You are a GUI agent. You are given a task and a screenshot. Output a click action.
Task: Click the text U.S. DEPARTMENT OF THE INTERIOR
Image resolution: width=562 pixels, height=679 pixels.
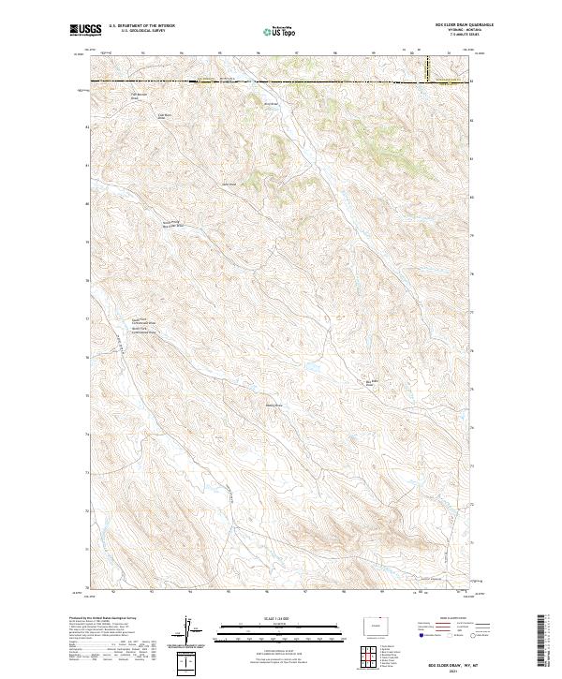coord(141,28)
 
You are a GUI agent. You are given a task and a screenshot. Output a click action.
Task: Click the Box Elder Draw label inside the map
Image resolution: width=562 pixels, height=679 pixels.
coord(369,382)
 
